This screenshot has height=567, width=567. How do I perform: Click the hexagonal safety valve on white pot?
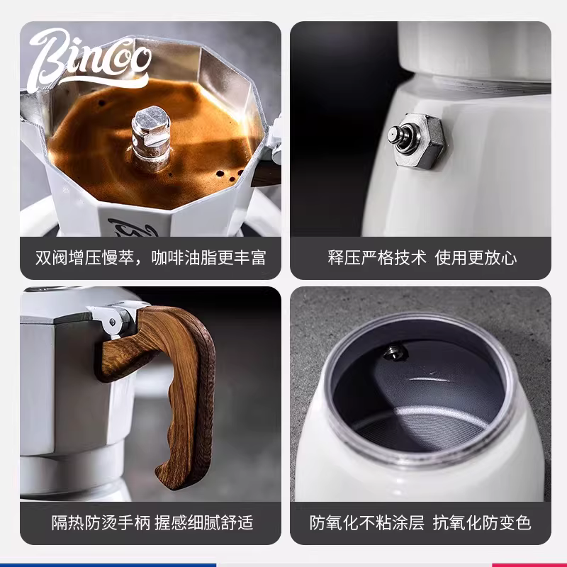(x=415, y=137)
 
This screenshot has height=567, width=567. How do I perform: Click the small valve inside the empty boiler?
(x=392, y=351)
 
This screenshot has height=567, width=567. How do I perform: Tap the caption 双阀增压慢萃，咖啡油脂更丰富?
(x=150, y=257)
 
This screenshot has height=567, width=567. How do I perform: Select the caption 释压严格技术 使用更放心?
(x=421, y=257)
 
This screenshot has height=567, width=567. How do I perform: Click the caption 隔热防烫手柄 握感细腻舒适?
(x=151, y=524)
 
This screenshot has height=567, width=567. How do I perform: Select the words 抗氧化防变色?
(x=485, y=524)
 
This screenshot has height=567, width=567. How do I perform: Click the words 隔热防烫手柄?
(x=90, y=524)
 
